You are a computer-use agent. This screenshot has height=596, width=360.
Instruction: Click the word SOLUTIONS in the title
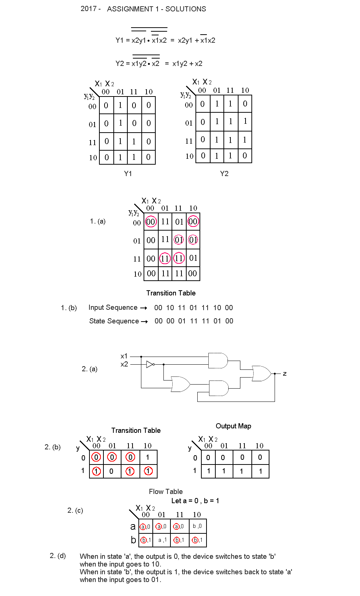186,9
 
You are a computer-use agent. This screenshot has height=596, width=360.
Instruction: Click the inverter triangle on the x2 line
149,364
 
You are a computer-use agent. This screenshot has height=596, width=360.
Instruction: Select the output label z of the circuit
285,374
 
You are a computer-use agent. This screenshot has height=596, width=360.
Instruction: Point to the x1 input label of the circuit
124,356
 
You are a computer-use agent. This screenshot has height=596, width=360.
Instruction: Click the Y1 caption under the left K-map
128,173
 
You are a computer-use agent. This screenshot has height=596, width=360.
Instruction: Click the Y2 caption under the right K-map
224,173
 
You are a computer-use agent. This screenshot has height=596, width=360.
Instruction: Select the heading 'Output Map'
233,426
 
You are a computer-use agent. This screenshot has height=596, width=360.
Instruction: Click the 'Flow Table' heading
166,491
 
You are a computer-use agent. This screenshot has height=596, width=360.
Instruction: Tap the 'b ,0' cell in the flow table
197,526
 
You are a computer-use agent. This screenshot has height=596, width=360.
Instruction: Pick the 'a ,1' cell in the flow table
162,540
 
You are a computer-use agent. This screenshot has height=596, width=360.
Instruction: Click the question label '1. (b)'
69,308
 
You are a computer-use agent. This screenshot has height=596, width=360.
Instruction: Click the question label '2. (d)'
58,555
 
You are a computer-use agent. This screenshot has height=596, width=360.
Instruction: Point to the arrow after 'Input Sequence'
144,308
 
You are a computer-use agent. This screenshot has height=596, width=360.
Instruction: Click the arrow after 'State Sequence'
144,322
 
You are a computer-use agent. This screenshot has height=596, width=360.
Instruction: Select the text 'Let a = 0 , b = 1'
195,501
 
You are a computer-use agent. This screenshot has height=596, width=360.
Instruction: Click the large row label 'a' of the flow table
133,527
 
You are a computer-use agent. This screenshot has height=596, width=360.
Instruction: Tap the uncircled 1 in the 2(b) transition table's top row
148,457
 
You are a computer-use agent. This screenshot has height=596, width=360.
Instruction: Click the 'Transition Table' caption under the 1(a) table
171,293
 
